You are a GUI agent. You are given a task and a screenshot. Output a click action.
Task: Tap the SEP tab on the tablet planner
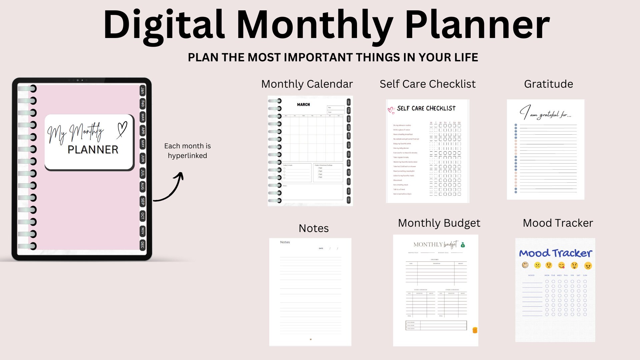click(x=143, y=201)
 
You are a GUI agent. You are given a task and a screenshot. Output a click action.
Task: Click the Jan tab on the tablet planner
click(x=143, y=90)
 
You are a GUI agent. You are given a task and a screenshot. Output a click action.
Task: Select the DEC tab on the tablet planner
click(x=143, y=245)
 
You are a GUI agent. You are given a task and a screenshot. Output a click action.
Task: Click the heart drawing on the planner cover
click(x=122, y=129)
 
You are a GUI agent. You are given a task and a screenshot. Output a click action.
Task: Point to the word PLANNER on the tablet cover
click(x=93, y=150)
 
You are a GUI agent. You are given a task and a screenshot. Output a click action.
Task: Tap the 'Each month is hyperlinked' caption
click(x=187, y=151)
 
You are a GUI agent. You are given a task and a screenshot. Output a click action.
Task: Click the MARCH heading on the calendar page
click(x=303, y=105)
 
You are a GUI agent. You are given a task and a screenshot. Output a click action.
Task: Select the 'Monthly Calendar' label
click(x=307, y=84)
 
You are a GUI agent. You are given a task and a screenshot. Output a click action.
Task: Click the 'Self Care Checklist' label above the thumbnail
click(x=428, y=84)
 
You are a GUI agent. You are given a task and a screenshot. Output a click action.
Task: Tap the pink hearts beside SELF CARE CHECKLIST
click(x=391, y=110)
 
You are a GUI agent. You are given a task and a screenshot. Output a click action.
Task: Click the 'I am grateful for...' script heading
click(x=545, y=113)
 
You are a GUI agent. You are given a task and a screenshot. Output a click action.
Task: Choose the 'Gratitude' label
click(x=548, y=84)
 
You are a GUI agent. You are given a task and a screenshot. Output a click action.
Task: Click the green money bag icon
click(x=463, y=245)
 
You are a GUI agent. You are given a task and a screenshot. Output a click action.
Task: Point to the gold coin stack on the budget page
click(x=475, y=330)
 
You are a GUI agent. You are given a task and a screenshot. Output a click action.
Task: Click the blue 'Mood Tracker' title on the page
click(x=555, y=253)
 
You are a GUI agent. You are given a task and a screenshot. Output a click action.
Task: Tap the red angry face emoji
click(x=588, y=266)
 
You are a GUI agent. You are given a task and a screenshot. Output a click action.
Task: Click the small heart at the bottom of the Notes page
click(x=311, y=339)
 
